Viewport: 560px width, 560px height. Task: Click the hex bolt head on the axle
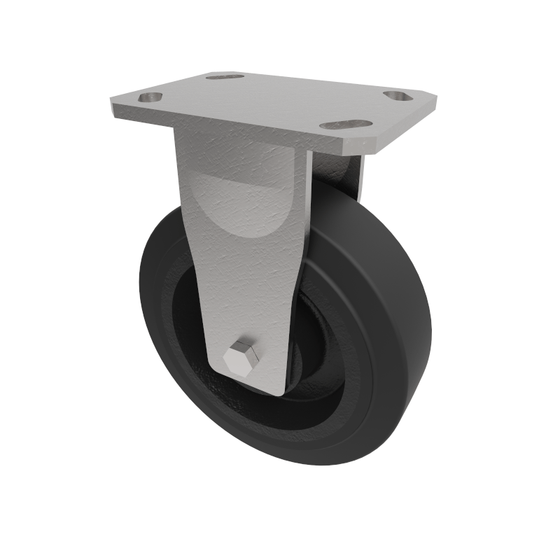click(x=241, y=358)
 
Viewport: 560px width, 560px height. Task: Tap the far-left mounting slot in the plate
click(x=150, y=98)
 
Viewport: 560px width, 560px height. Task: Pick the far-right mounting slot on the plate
click(x=398, y=95)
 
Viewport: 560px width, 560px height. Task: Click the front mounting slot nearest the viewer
click(x=346, y=125)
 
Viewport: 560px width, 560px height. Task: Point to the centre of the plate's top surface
click(x=273, y=105)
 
